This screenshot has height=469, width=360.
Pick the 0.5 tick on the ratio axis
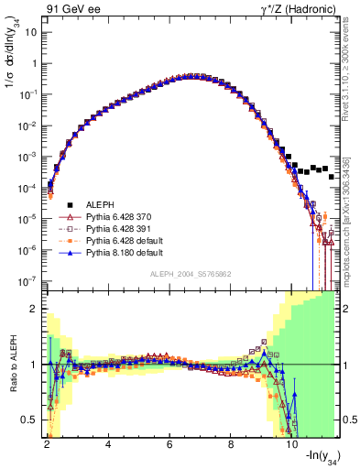(x=32, y=420)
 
